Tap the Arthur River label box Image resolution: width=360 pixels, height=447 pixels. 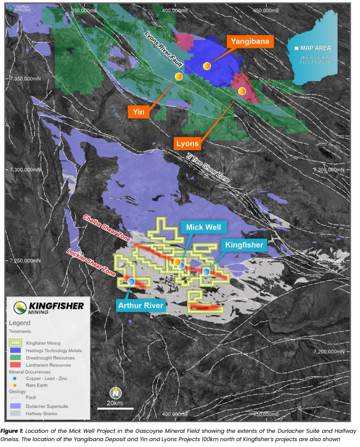(x=141, y=305)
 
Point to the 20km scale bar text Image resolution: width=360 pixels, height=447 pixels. (x=115, y=403)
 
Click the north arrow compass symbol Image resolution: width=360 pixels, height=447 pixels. (x=116, y=391)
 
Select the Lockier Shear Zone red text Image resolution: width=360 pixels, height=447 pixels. (x=90, y=260)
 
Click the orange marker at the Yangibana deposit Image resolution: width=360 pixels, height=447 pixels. (x=207, y=66)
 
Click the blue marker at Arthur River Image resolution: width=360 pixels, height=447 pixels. (x=131, y=282)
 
